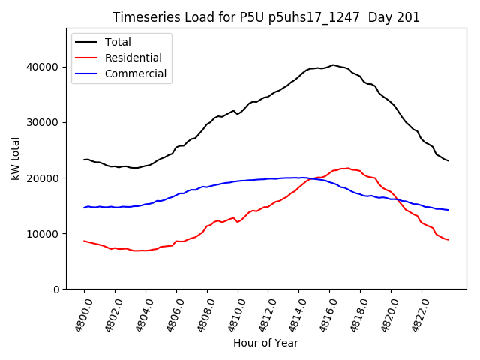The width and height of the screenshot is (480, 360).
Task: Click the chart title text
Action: (266, 17)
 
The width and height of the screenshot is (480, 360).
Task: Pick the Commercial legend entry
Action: (136, 73)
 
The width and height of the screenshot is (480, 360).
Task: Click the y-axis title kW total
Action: (16, 158)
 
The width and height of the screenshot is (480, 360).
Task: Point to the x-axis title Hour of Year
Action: (265, 343)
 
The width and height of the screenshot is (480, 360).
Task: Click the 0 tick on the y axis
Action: (55, 289)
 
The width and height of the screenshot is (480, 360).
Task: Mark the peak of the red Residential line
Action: (348, 168)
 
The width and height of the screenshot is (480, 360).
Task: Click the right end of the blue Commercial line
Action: (448, 210)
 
